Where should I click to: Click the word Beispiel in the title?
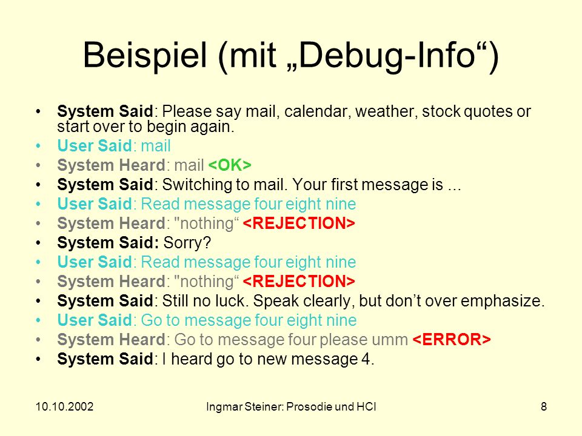[x=145, y=56]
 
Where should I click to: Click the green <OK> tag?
[x=230, y=165]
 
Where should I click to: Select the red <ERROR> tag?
[x=452, y=339]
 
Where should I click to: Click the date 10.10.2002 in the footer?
[x=65, y=407]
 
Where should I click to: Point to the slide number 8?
[x=544, y=407]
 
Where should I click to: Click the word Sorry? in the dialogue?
[x=187, y=243]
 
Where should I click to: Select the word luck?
[x=232, y=301]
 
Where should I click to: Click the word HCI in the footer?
[x=366, y=407]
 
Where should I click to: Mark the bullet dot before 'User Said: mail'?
[x=38, y=146]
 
